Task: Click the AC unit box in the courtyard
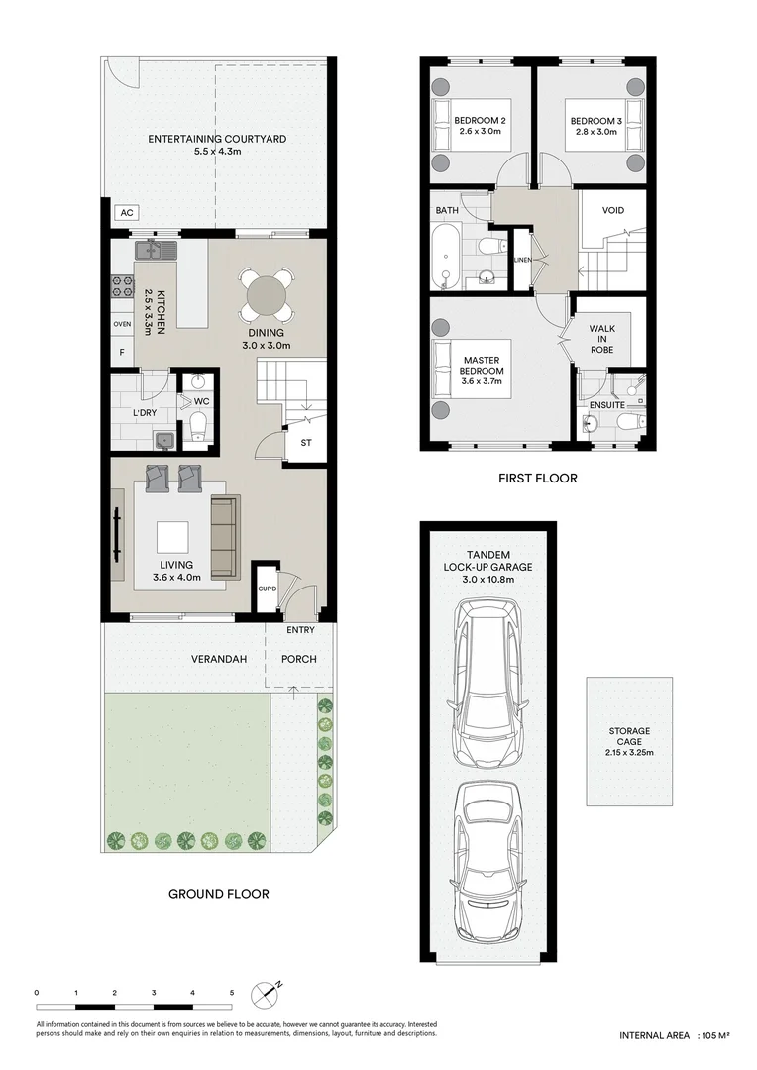pyautogui.click(x=127, y=213)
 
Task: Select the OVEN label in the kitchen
pyautogui.click(x=122, y=324)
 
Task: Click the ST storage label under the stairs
pyautogui.click(x=306, y=443)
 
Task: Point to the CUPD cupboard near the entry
pyautogui.click(x=267, y=588)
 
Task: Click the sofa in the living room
pyautogui.click(x=225, y=536)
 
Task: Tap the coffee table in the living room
pyautogui.click(x=172, y=537)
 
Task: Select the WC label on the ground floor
pyautogui.click(x=201, y=402)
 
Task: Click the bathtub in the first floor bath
pyautogui.click(x=447, y=257)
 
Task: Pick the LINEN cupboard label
pyautogui.click(x=522, y=260)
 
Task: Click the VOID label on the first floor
pyautogui.click(x=613, y=210)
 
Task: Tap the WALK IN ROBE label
pyautogui.click(x=602, y=339)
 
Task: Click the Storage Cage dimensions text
pyautogui.click(x=629, y=753)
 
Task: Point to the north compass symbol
pyautogui.click(x=267, y=995)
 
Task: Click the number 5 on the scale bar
pyautogui.click(x=232, y=993)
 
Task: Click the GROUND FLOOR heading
pyautogui.click(x=219, y=894)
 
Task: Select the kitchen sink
pyautogui.click(x=157, y=251)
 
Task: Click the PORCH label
pyautogui.click(x=299, y=659)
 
